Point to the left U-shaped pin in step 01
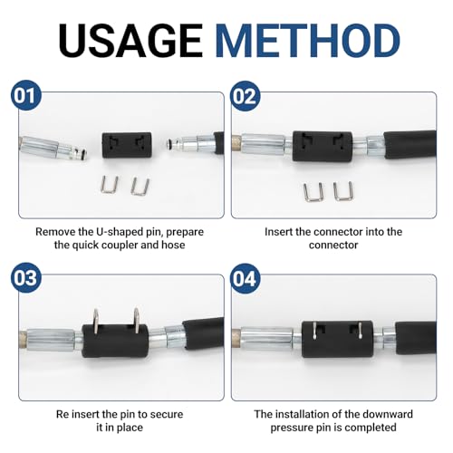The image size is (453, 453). pos(109,185)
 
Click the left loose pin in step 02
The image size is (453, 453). pos(313,190)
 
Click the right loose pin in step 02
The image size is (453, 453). pos(342,189)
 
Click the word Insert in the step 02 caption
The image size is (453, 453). pos(282,231)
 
